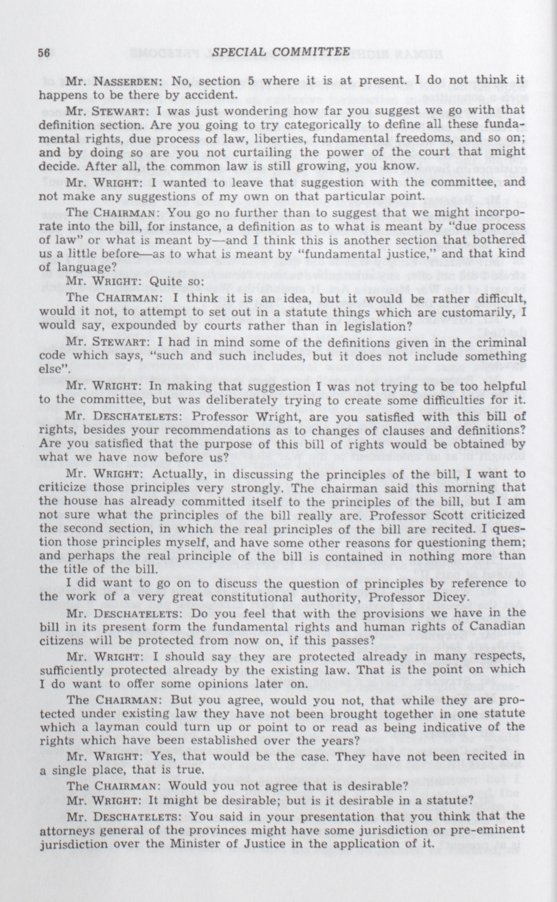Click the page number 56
44,53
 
